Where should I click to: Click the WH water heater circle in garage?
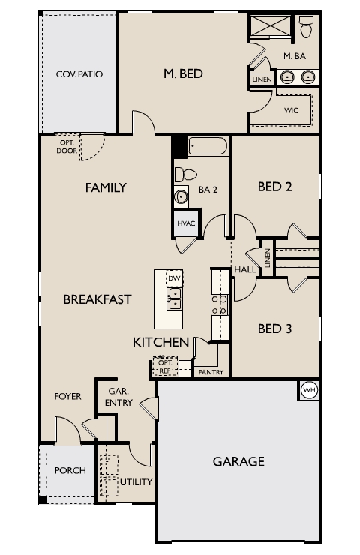click(x=309, y=390)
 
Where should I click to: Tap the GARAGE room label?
click(x=238, y=461)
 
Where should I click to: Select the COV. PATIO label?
click(x=79, y=74)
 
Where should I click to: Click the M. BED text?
click(x=184, y=73)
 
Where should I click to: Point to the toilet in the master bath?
click(x=306, y=28)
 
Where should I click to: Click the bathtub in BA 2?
click(x=208, y=145)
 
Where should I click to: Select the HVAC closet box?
click(x=186, y=224)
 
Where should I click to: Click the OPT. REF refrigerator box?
click(x=164, y=366)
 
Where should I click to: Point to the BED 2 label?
click(x=274, y=187)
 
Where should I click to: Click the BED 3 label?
click(x=274, y=328)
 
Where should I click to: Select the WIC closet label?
click(x=291, y=109)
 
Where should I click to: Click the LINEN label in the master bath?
click(x=262, y=79)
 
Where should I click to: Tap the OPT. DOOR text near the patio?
click(x=66, y=146)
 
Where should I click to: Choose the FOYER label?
click(x=67, y=396)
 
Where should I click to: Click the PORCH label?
click(x=70, y=471)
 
